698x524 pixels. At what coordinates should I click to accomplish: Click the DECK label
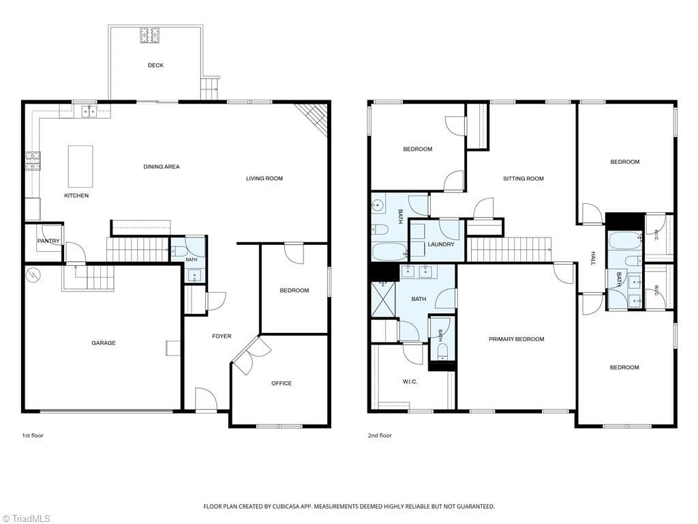pyautogui.click(x=155, y=65)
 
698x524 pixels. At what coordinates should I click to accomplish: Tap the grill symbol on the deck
pyautogui.click(x=150, y=35)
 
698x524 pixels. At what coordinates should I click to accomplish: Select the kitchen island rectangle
pyautogui.click(x=80, y=166)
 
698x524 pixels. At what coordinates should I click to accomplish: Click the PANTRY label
pyautogui.click(x=48, y=241)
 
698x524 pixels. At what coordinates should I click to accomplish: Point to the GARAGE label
pyautogui.click(x=104, y=343)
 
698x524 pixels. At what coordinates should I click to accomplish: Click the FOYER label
pyautogui.click(x=222, y=336)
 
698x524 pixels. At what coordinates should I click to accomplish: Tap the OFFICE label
pyautogui.click(x=282, y=383)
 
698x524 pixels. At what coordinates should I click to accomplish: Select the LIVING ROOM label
pyautogui.click(x=264, y=178)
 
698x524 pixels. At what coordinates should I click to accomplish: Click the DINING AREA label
pyautogui.click(x=162, y=166)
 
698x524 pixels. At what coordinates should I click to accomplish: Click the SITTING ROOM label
pyautogui.click(x=523, y=179)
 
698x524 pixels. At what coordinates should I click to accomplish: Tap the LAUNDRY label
pyautogui.click(x=441, y=244)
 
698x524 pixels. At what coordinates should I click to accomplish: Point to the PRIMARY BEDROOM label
pyautogui.click(x=517, y=339)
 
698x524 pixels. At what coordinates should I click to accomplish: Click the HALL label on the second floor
pyautogui.click(x=593, y=258)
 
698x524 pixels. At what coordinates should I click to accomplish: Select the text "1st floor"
pyautogui.click(x=33, y=435)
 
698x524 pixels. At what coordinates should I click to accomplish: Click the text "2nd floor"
pyautogui.click(x=380, y=435)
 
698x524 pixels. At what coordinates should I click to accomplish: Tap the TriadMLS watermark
pyautogui.click(x=26, y=519)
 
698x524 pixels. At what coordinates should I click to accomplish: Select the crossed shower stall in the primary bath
pyautogui.click(x=383, y=299)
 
